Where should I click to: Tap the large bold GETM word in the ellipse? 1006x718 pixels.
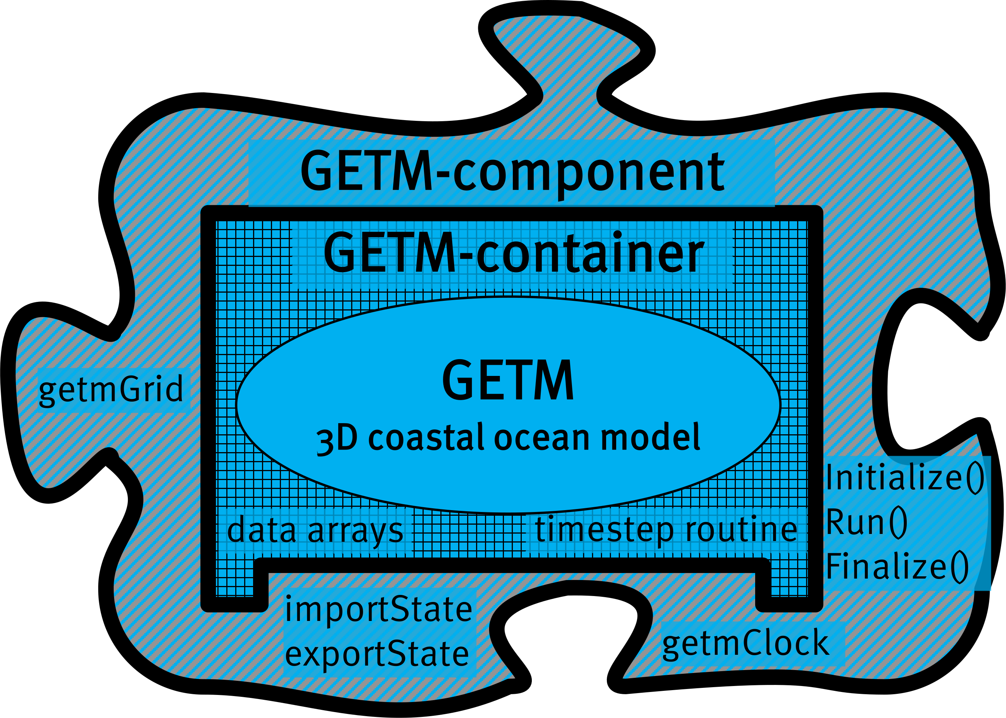pyautogui.click(x=508, y=380)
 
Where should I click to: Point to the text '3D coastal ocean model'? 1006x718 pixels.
pyautogui.click(x=508, y=438)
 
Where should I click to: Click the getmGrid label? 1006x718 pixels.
pyautogui.click(x=110, y=389)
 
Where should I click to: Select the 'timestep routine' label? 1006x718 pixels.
pyautogui.click(x=666, y=529)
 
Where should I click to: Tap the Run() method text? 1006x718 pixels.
pyautogui.click(x=866, y=522)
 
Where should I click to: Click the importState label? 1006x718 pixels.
pyautogui.click(x=379, y=609)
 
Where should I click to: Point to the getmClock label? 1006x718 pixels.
pyautogui.click(x=746, y=643)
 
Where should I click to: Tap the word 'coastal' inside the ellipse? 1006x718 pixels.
pyautogui.click(x=426, y=438)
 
